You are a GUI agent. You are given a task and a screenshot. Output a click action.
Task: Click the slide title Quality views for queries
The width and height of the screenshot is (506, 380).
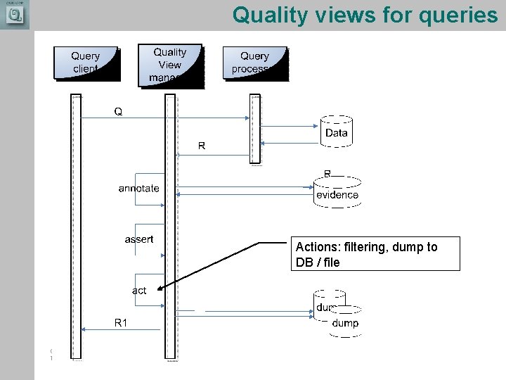coord(365,14)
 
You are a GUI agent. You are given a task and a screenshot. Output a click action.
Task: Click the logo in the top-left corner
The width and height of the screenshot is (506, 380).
coord(15,15)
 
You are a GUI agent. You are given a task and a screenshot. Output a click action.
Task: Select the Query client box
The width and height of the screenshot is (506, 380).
coord(86,62)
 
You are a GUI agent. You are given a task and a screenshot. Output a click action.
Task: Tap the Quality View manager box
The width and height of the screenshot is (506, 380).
coord(170,64)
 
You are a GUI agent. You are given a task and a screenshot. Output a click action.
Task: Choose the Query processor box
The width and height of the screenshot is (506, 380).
coord(254,63)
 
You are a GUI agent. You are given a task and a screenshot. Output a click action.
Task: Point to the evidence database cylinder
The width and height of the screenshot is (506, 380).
coord(337,194)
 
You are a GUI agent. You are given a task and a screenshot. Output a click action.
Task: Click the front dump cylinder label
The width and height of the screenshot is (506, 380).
coord(344,323)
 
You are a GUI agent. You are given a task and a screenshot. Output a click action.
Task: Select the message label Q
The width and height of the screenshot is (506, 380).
coord(118,111)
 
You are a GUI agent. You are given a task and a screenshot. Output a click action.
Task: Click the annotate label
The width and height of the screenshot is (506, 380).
coord(138,188)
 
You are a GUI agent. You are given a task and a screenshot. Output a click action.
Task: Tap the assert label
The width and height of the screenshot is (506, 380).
coord(139,239)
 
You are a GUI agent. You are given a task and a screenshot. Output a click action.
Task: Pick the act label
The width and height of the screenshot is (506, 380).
coord(139,290)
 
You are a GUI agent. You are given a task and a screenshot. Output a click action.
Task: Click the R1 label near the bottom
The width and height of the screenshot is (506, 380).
coord(122,322)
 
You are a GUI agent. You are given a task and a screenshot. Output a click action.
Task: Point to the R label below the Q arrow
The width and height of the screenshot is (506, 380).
coord(202,146)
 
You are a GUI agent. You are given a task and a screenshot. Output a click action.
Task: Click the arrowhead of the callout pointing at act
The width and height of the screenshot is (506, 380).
coord(162,288)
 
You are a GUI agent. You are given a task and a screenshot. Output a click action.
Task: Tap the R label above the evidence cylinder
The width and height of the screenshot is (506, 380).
coord(327,173)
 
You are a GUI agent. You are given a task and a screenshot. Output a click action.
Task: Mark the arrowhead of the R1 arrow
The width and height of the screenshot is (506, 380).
coord(84,329)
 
